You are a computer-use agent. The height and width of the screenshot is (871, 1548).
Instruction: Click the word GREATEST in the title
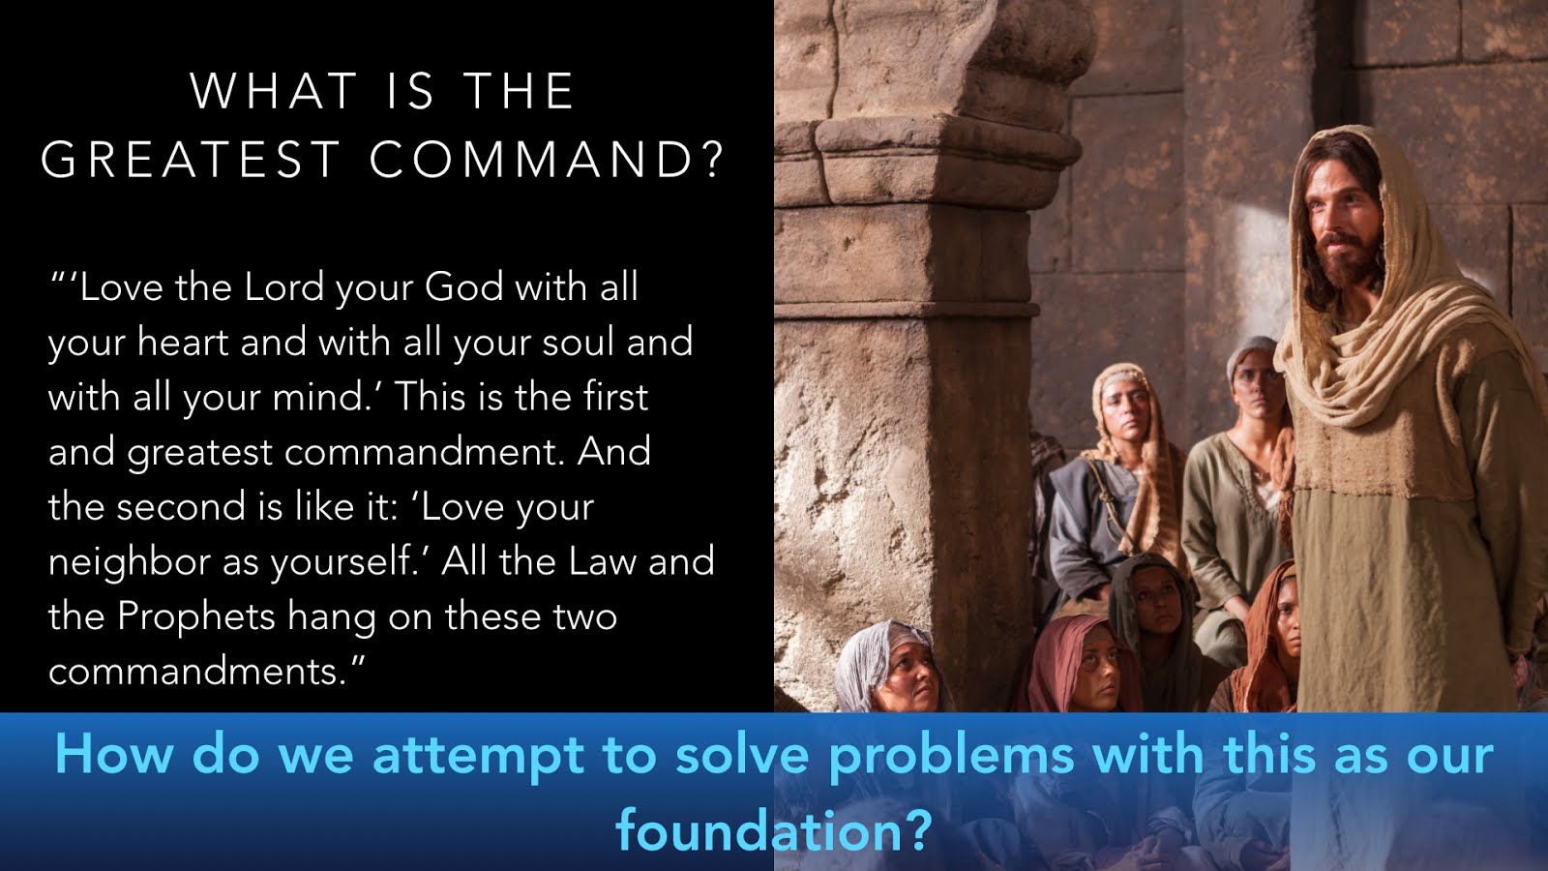(x=191, y=160)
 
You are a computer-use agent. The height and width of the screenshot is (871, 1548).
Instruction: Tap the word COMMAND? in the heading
(x=546, y=160)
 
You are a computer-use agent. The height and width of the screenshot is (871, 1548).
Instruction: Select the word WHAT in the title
(x=274, y=91)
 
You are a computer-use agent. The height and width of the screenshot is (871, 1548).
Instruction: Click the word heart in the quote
(x=183, y=342)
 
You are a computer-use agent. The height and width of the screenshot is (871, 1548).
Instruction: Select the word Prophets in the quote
(x=196, y=616)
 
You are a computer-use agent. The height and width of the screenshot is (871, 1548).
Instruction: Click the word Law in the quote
(x=602, y=561)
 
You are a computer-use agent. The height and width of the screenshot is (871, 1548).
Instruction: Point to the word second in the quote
(x=180, y=507)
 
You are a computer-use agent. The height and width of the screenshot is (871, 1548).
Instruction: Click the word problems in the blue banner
(x=951, y=756)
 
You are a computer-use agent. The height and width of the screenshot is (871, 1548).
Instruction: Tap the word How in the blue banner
(x=114, y=754)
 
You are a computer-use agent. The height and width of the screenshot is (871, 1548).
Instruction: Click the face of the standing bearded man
(x=1341, y=231)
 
